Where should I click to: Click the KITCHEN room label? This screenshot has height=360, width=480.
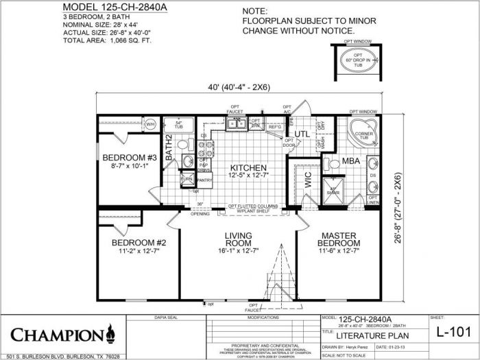click(x=248, y=168)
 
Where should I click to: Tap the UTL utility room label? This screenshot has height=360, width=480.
click(x=302, y=133)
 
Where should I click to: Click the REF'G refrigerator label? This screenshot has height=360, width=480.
click(x=256, y=127)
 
